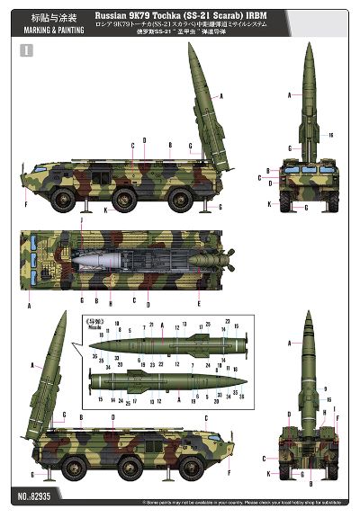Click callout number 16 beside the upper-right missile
click(x=331, y=135)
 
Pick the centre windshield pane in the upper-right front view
click(x=307, y=168)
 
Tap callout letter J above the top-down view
click(x=82, y=219)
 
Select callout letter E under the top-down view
click(x=199, y=300)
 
